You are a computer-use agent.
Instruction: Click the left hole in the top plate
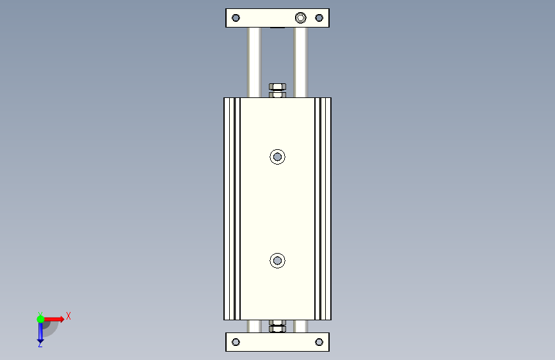coord(236,18)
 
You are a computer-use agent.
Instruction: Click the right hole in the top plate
coord(319,18)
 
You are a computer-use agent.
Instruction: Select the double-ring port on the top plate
coord(300,18)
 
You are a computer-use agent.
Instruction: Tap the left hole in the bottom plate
coord(236,342)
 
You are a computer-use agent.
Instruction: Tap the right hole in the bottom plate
coord(319,342)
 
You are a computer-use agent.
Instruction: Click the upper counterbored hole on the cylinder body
coord(278,156)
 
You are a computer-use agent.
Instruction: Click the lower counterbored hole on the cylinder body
coord(278,261)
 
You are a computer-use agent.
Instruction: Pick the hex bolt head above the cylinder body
coord(278,87)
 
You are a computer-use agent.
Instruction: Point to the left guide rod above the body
coord(254,62)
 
